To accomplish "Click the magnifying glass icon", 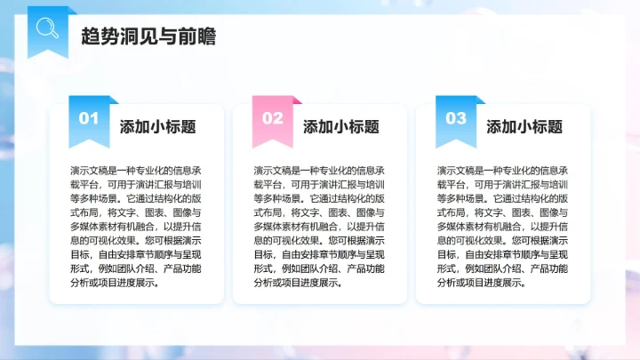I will (46, 28).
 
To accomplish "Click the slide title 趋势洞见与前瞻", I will (147, 37).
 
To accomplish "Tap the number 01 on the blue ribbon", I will (89, 117).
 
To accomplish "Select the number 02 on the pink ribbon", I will (272, 117).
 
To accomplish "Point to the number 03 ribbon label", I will (455, 117).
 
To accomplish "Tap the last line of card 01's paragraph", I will (116, 284).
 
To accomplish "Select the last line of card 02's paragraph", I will (300, 284).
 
